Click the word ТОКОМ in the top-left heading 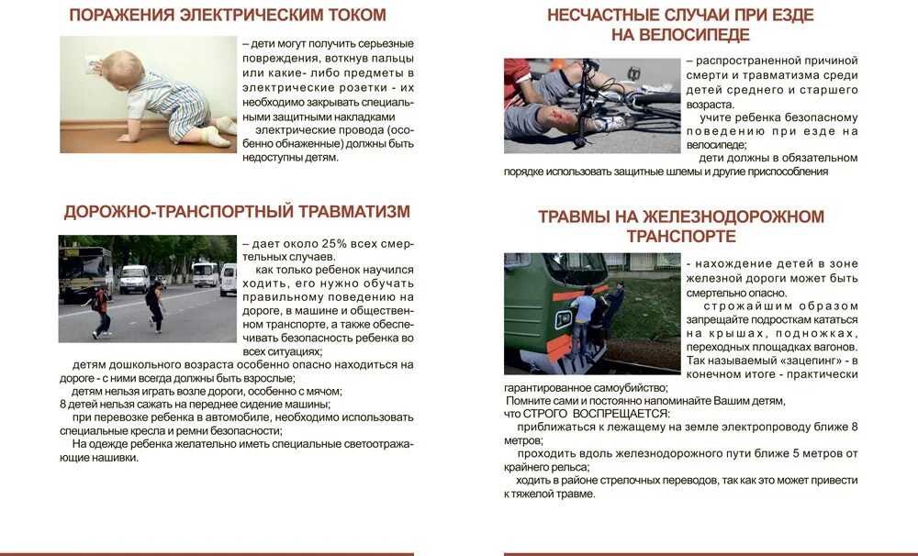point(348,15)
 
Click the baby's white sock point(218,137)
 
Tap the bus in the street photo point(84,270)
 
